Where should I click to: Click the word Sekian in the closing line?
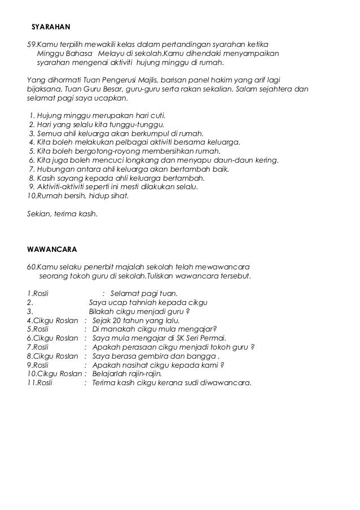[x=39, y=213]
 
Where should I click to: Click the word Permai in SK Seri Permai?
[x=211, y=338]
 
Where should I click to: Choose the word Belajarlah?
[x=111, y=374]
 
